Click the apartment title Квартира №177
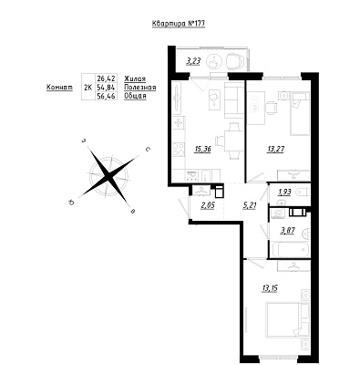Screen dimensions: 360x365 [179, 24]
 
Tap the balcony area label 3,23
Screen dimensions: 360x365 [193, 61]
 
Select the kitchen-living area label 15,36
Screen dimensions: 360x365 [202, 150]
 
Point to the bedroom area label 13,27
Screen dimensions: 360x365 [276, 150]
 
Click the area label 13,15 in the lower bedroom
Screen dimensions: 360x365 [269, 288]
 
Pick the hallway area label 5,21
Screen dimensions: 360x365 [250, 205]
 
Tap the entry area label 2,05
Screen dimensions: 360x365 [208, 205]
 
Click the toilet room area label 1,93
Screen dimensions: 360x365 [284, 193]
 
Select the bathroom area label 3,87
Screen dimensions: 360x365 [287, 229]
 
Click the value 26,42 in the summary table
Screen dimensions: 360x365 [106, 78]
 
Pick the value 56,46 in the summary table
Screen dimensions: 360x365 [106, 97]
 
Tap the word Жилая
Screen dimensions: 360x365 [135, 78]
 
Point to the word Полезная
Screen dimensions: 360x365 [140, 88]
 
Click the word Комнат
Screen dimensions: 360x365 [59, 88]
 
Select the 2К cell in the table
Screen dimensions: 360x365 [88, 88]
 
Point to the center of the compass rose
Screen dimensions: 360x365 [108, 175]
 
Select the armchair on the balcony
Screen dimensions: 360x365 [235, 61]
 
